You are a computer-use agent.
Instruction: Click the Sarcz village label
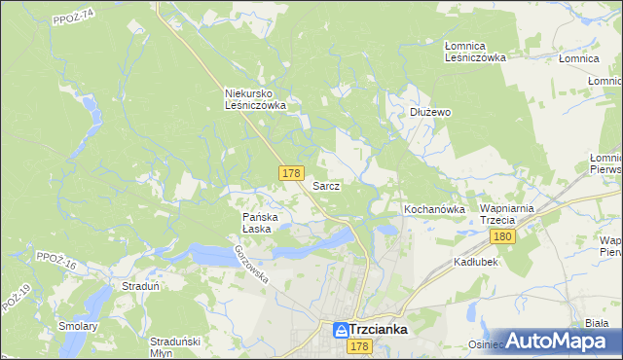(x=326, y=186)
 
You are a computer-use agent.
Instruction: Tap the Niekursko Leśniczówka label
(x=254, y=99)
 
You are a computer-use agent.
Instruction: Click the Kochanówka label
(x=431, y=210)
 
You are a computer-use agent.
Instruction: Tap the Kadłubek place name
(x=477, y=263)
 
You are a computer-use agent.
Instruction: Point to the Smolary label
(x=79, y=326)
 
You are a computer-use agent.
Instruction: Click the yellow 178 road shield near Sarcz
(x=290, y=173)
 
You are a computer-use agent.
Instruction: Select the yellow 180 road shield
(x=502, y=237)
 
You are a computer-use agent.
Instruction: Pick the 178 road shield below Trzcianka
(x=359, y=347)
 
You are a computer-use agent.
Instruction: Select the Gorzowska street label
(x=251, y=264)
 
